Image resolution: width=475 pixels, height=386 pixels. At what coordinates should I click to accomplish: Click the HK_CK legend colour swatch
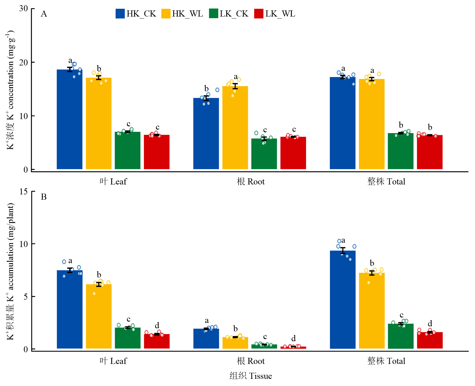tap(120, 14)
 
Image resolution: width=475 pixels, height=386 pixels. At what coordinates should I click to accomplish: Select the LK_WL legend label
tap(280, 14)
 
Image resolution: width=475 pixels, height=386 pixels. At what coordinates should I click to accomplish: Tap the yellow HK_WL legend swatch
tap(166, 14)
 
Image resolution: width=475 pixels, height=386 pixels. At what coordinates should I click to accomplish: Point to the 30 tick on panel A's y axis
tap(24, 8)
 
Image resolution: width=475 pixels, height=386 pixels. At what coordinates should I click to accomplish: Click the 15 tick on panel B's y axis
tap(24, 191)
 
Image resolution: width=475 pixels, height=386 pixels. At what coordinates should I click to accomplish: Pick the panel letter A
tap(44, 14)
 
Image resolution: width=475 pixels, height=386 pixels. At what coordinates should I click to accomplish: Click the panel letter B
tap(44, 197)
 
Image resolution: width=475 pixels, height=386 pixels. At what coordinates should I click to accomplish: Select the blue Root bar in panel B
tap(206, 339)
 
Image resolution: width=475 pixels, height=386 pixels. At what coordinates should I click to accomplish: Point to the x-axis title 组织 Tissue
tap(251, 376)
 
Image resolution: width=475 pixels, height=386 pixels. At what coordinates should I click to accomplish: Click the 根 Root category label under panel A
tap(251, 182)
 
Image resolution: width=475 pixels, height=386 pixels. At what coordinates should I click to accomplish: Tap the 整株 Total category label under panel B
tap(386, 361)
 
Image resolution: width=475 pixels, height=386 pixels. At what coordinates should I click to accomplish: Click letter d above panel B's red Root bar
tap(294, 338)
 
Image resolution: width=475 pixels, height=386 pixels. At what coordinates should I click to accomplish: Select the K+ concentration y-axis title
tap(10, 90)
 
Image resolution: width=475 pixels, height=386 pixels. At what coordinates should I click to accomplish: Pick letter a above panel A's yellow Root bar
tap(236, 77)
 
